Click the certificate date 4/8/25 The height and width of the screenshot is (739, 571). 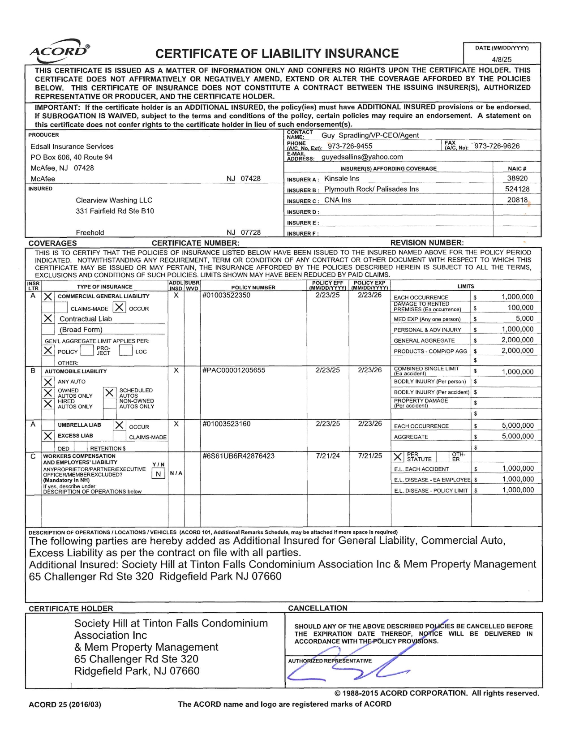(502, 59)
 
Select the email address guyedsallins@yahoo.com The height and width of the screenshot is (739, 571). (362, 157)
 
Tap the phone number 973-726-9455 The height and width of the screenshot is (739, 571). (350, 146)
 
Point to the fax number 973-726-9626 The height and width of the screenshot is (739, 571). (497, 146)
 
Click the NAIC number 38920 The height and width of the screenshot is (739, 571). (517, 178)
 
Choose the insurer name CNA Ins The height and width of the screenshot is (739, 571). (337, 200)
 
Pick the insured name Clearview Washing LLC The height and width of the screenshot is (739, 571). (114, 200)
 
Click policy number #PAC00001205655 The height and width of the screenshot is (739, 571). (234, 370)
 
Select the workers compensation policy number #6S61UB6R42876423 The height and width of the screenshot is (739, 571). (238, 456)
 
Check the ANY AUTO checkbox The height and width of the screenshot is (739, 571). (48, 382)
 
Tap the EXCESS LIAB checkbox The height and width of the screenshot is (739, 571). (48, 436)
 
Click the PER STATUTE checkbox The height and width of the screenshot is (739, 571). (397, 457)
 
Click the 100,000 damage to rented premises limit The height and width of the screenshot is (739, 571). (520, 308)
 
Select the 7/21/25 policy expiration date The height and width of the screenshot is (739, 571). (370, 456)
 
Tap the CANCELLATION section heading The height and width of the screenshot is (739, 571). (318, 608)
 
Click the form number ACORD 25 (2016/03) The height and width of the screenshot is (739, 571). (65, 705)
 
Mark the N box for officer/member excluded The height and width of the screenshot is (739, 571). (158, 474)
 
